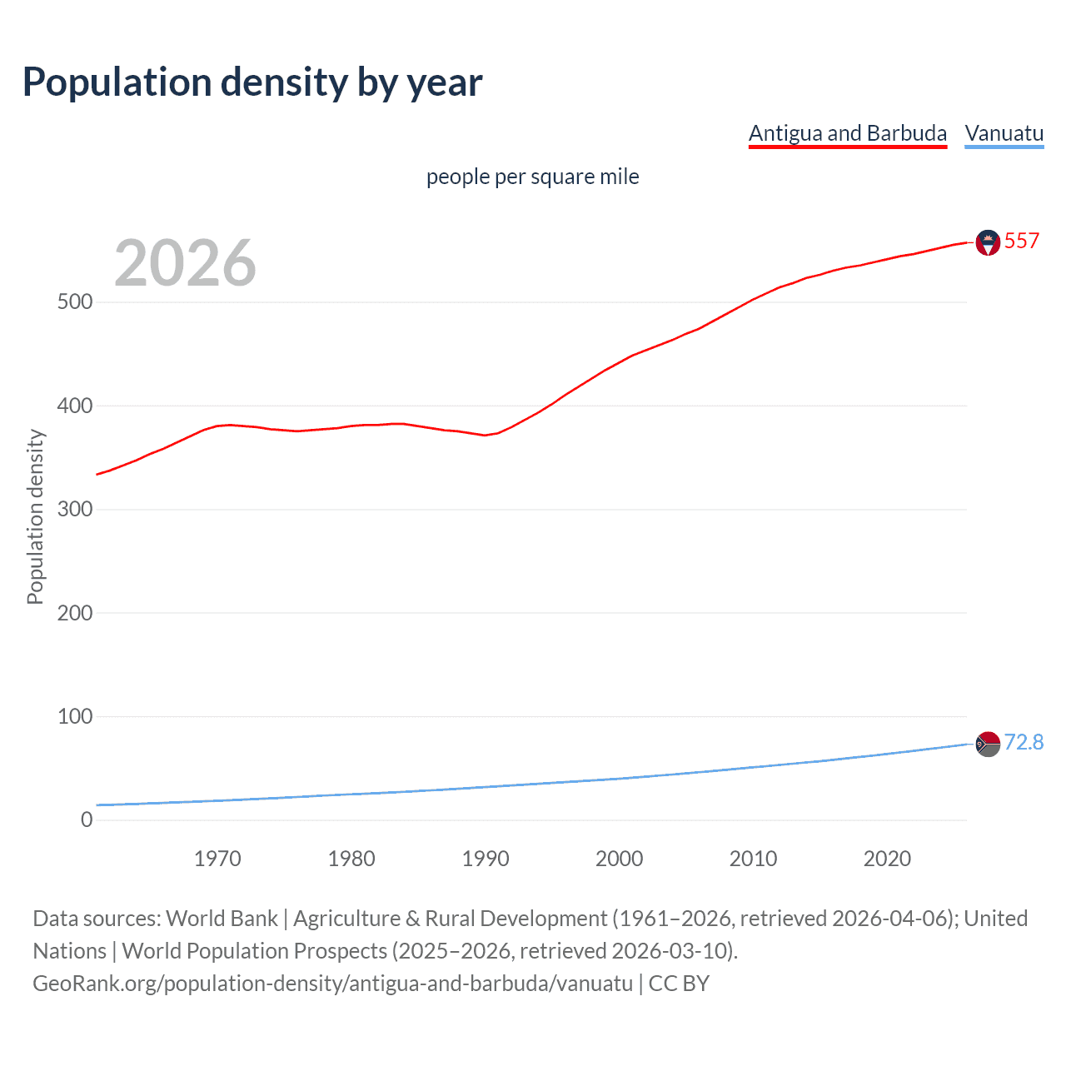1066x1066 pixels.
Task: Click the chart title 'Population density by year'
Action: click(x=252, y=82)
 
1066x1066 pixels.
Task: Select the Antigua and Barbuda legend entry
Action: click(x=847, y=133)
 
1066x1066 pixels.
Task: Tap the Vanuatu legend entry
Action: click(x=1004, y=133)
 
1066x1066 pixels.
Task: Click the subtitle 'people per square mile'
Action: click(x=532, y=177)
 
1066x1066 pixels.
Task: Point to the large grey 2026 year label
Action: click(x=185, y=263)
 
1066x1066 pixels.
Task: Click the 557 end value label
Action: click(x=1021, y=242)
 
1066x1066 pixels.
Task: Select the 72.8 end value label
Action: click(x=1024, y=742)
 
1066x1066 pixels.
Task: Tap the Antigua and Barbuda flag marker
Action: click(x=988, y=242)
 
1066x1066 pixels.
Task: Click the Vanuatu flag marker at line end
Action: click(x=988, y=744)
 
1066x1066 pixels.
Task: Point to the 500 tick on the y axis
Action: click(x=75, y=302)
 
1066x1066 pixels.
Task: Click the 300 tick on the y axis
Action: click(x=75, y=509)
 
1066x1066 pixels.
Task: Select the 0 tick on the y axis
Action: click(x=87, y=819)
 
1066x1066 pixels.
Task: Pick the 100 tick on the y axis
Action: click(x=75, y=716)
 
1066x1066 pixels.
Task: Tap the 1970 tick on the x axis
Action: click(x=217, y=859)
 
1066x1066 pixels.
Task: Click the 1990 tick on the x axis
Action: click(x=486, y=859)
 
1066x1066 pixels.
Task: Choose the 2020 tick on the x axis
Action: click(x=887, y=859)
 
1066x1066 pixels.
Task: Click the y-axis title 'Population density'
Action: click(x=35, y=516)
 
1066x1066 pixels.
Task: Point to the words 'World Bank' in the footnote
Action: click(x=222, y=919)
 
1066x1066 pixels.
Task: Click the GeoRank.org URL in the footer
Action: click(x=332, y=984)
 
